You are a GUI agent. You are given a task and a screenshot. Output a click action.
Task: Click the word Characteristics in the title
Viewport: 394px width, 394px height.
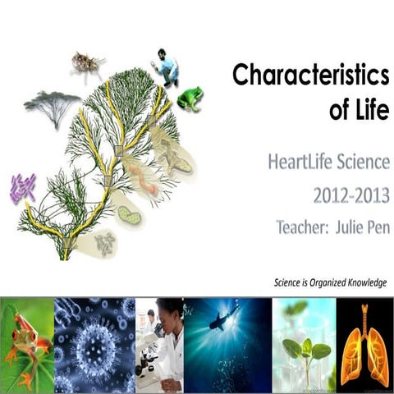310,76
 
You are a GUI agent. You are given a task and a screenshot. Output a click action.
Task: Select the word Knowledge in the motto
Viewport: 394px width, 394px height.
361,283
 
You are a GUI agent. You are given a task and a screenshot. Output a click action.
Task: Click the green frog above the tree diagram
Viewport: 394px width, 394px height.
190,98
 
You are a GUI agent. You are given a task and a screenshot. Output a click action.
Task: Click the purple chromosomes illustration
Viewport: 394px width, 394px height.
22,189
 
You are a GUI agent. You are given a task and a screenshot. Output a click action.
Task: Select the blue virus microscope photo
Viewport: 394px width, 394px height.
94,345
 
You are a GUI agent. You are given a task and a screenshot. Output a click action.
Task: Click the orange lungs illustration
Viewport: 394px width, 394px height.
364,345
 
